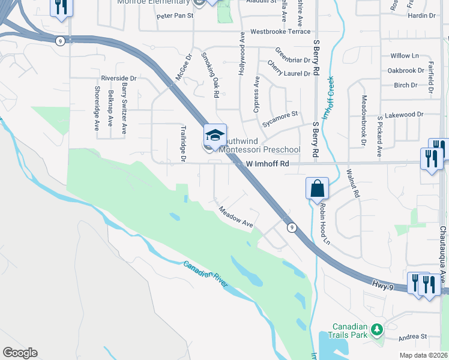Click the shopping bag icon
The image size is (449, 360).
click(317, 188)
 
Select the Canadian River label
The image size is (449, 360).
click(205, 274)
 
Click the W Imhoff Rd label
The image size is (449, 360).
click(268, 163)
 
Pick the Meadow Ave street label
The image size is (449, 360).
click(236, 217)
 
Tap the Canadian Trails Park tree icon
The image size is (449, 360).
click(377, 329)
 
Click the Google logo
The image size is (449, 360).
click(20, 353)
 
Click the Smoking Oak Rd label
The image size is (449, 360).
click(208, 74)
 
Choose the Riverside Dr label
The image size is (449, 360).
click(119, 78)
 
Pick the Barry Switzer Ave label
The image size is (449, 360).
click(124, 109)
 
